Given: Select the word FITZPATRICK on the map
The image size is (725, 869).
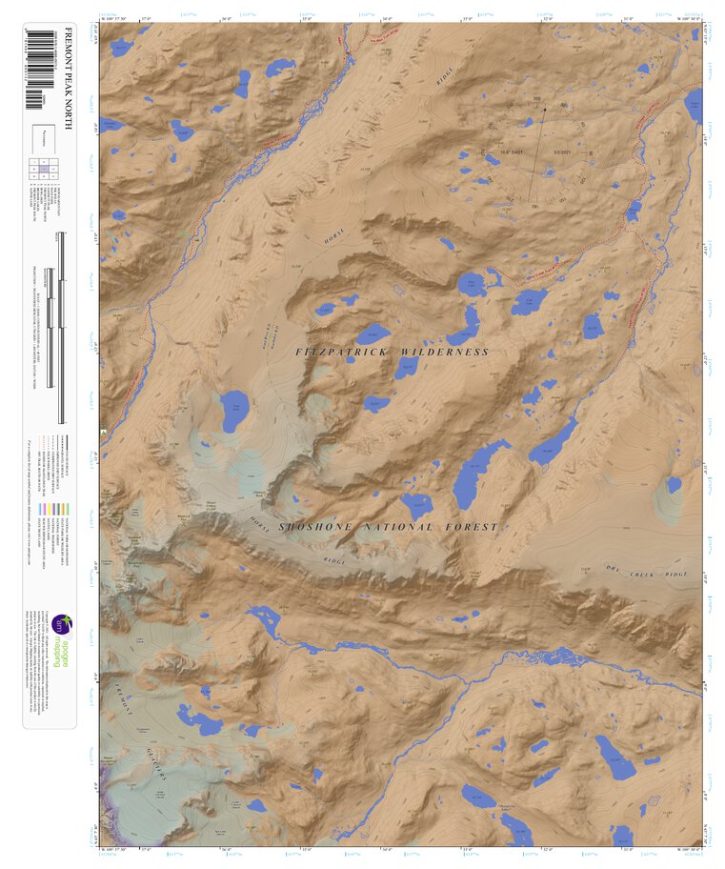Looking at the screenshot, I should tap(343, 353).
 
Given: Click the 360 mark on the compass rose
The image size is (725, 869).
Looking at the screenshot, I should tap(537, 98).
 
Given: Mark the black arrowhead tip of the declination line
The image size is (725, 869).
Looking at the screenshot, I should tap(544, 108).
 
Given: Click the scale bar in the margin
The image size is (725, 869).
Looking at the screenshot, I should tap(61, 333).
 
